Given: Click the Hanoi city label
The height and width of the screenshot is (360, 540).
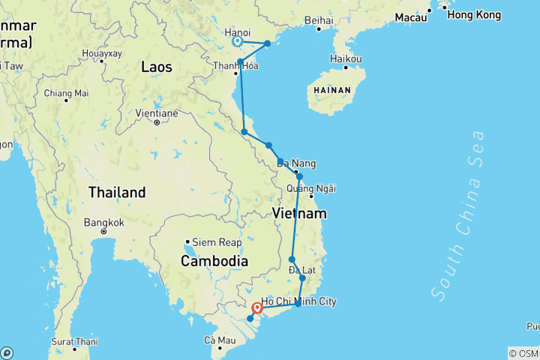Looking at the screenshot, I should [238, 32].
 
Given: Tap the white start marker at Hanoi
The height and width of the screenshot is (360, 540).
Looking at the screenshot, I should [237, 42].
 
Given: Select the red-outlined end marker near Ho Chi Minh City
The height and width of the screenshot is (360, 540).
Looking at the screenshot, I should [257, 307].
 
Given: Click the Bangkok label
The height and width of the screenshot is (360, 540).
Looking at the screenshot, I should [103, 223].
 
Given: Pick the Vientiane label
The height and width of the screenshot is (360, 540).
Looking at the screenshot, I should [156, 113].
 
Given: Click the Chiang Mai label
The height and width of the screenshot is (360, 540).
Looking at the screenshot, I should [66, 93].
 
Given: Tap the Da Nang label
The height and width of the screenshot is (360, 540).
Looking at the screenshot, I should [296, 163].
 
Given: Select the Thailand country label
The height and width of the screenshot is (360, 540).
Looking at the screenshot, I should [116, 193].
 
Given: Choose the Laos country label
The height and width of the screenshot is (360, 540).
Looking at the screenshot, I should [157, 67].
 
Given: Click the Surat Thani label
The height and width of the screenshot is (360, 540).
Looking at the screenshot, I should [75, 341].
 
